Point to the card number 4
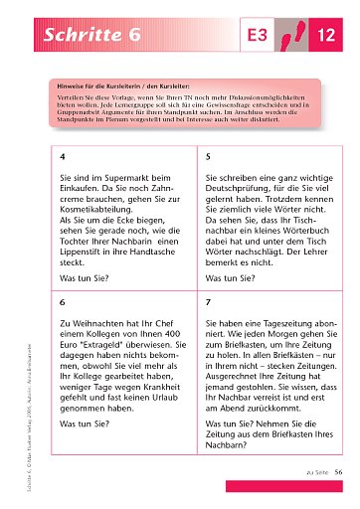[x=63, y=157]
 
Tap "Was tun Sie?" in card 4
[x=88, y=280]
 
